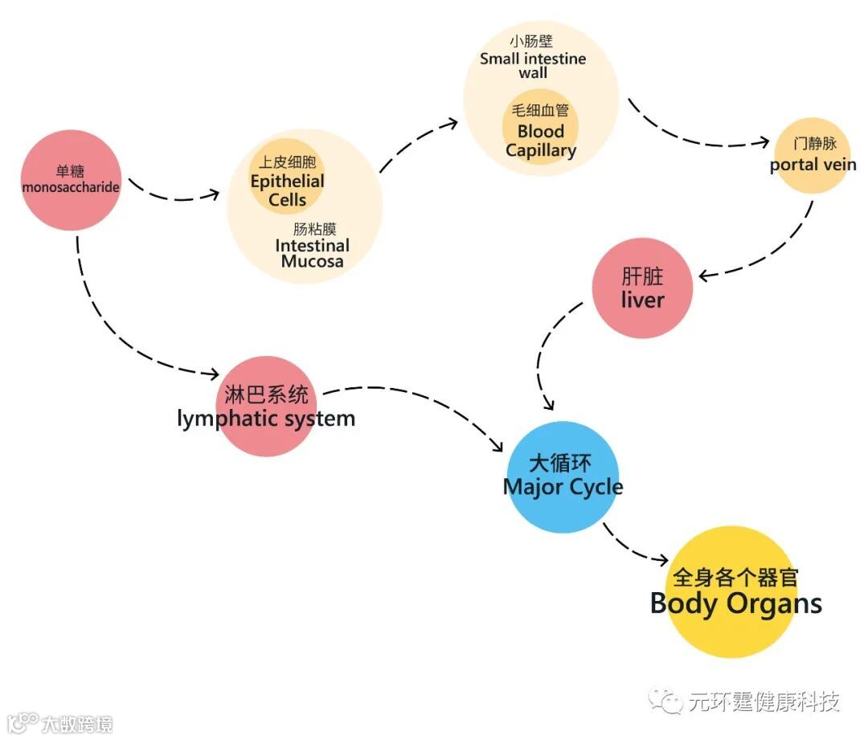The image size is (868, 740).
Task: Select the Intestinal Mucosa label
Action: [312, 253]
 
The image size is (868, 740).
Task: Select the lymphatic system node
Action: [266, 406]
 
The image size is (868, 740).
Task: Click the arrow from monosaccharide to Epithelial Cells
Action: [173, 194]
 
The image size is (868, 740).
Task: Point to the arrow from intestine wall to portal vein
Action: [691, 137]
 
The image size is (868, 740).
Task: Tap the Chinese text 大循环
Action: [560, 464]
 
